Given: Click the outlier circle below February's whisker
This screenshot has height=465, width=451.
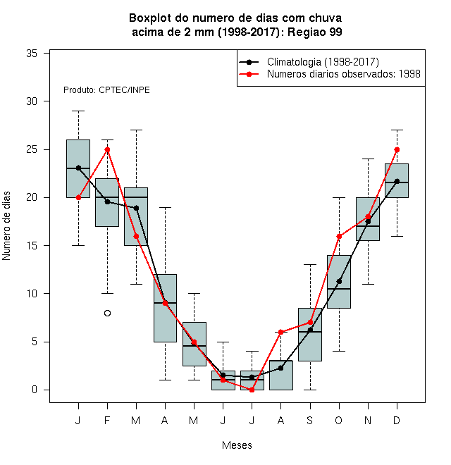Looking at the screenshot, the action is pos(107,313).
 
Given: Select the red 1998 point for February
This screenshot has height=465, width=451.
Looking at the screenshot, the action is pos(107,149).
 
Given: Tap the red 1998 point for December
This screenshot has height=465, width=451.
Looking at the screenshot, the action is pos(397,149).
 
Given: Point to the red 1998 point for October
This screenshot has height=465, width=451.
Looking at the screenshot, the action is pos(339,236).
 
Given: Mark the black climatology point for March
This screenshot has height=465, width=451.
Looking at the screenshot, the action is pos(136,208).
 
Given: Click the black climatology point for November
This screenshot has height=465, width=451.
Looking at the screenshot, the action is pos(368,221).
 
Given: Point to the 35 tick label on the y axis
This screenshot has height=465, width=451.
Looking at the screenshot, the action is pos(32,54).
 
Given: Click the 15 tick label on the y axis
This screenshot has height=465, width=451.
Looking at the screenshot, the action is pos(32,246).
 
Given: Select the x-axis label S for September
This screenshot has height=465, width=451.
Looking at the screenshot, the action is pos(310,420).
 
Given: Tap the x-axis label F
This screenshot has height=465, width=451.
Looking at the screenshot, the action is pos(107,420).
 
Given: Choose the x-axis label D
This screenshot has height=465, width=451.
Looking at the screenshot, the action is pos(397,420).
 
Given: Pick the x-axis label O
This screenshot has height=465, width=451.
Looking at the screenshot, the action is pos(339,420).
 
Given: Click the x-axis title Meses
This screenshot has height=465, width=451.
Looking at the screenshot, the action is pos(237,445).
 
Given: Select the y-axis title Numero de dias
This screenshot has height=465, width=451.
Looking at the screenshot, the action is pos(6,226).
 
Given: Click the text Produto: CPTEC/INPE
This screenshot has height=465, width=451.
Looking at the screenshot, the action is pos(106,90).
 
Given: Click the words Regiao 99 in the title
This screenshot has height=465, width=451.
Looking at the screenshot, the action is pos(315,32).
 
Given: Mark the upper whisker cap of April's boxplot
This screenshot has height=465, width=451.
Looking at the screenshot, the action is pos(165,207).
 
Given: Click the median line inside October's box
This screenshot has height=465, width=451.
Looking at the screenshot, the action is pos(339,289).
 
